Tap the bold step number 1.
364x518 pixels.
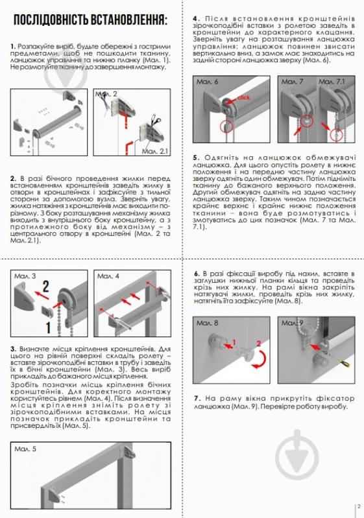(x=13, y=47)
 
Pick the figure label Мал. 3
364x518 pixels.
(x=24, y=276)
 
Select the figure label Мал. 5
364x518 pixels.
(x=24, y=448)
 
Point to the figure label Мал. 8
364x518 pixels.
(x=207, y=322)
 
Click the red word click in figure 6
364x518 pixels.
(x=243, y=97)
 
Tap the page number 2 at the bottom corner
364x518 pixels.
(x=359, y=508)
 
